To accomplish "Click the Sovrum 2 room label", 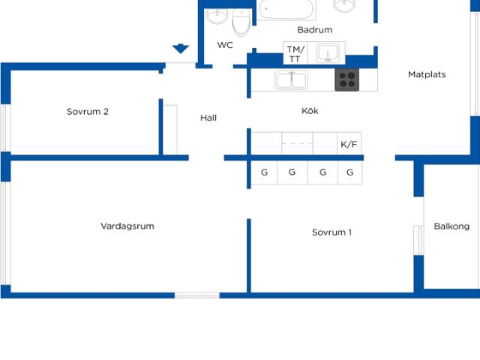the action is click(x=88, y=112).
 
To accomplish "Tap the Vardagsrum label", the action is click(x=127, y=226).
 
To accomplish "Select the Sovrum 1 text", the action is click(x=331, y=232).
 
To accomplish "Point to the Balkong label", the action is click(x=451, y=226).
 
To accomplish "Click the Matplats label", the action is click(x=427, y=74).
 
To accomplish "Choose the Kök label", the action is click(x=310, y=110).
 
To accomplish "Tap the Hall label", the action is click(x=208, y=118).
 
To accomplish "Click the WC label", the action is click(x=225, y=45).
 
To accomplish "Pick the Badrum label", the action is click(x=315, y=30).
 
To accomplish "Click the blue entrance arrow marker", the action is click(x=180, y=49).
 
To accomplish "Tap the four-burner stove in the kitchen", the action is click(x=346, y=80).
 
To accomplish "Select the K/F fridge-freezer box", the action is click(x=349, y=143).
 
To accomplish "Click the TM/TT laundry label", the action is click(x=295, y=54).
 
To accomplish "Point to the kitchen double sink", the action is click(x=291, y=80).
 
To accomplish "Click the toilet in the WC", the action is click(x=241, y=22).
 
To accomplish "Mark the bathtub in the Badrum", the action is click(x=286, y=9).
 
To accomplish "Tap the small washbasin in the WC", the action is click(x=217, y=15).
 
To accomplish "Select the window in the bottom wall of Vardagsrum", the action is click(x=197, y=295).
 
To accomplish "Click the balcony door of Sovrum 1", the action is click(x=418, y=240).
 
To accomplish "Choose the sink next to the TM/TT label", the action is click(x=328, y=53).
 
